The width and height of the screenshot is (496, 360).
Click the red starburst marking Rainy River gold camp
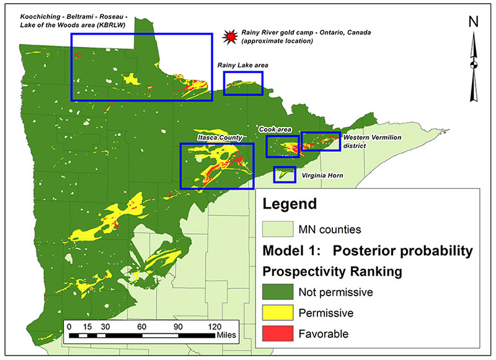229,37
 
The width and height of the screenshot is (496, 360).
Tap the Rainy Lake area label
242,66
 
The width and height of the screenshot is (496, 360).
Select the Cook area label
275,130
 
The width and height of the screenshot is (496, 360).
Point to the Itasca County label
220,138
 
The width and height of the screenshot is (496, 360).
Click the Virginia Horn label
322,175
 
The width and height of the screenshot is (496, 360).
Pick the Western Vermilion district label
373,142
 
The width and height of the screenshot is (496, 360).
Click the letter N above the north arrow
473,22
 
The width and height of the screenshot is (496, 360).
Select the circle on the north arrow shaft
474,65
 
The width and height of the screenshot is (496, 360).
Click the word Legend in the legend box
290,204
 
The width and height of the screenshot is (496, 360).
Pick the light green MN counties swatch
278,229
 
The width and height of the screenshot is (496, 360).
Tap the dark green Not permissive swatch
278,291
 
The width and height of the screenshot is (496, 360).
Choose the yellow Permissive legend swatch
278,312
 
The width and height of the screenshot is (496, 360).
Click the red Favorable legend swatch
278,333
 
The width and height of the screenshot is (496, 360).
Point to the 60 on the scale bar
142,327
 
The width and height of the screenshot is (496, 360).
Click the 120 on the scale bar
215,327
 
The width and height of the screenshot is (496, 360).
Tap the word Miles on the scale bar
226,335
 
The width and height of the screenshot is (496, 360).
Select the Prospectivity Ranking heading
332,272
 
